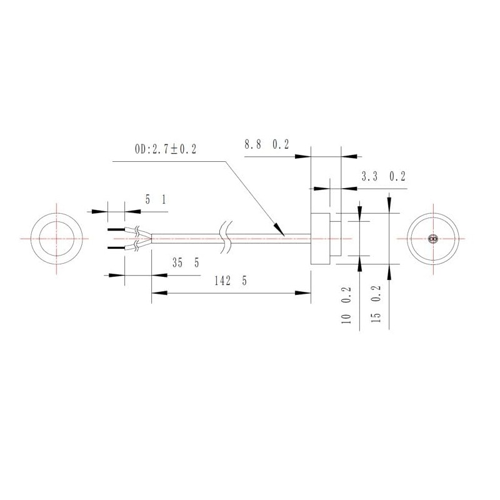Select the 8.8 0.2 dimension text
(x=266, y=145)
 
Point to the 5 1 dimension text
(x=156, y=199)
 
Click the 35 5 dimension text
(x=186, y=263)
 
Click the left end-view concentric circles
(x=56, y=239)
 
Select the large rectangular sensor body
(x=319, y=239)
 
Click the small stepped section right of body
(x=335, y=239)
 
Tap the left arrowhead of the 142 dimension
(x=156, y=292)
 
